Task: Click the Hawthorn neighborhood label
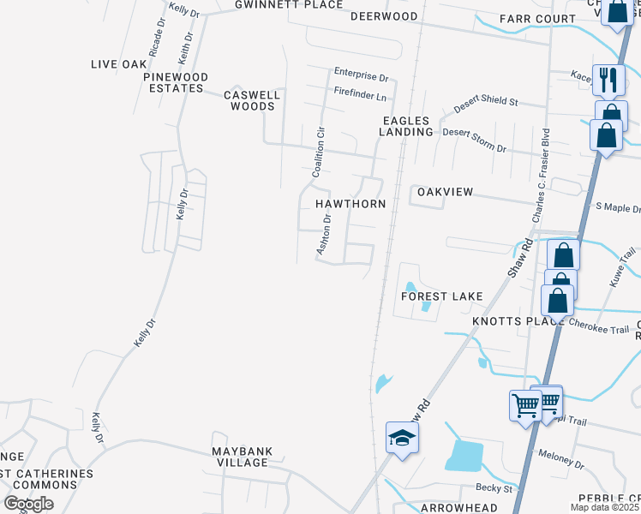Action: pos(350,204)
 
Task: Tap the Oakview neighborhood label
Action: pos(445,192)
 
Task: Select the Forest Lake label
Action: pos(443,296)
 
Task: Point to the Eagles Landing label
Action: pos(407,127)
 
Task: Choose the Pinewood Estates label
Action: pos(177,82)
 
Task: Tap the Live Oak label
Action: pos(119,64)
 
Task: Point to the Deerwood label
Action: pos(385,16)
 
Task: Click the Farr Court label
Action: pos(537,19)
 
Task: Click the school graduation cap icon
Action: pos(400,438)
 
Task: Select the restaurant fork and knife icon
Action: pos(608,80)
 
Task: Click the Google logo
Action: pos(28,504)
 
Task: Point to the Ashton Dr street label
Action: pos(324,233)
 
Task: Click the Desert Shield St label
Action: pos(486,101)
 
